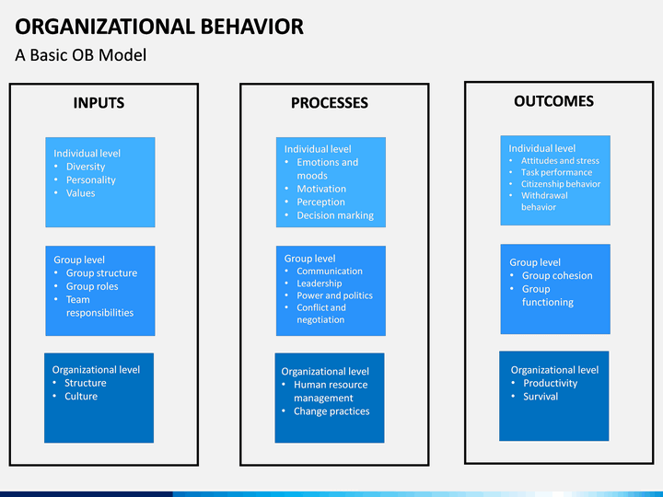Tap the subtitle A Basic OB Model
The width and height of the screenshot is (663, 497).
tap(81, 55)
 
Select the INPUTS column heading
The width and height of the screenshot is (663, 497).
tap(99, 103)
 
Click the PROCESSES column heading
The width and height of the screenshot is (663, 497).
tap(329, 103)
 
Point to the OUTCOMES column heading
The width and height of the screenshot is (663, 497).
tap(553, 101)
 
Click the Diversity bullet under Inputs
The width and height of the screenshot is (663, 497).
tap(86, 167)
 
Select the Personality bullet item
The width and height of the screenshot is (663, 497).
tap(91, 180)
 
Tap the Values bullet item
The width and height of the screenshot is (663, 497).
tap(80, 193)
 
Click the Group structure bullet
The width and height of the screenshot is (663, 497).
tap(101, 273)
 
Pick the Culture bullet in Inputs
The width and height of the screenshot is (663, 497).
tap(81, 397)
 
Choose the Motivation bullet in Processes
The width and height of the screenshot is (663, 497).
tap(321, 189)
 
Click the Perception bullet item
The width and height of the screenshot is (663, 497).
tap(320, 202)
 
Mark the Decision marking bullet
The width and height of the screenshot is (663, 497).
tap(335, 215)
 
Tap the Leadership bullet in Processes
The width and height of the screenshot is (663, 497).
tap(319, 283)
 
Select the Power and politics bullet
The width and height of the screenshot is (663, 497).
tap(334, 295)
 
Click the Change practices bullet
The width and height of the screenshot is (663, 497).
tap(331, 411)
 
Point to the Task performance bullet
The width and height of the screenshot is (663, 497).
tap(556, 172)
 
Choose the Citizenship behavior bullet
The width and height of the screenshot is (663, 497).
tap(560, 184)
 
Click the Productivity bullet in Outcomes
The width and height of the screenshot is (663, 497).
tap(550, 383)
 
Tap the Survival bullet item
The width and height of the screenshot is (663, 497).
tap(541, 397)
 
